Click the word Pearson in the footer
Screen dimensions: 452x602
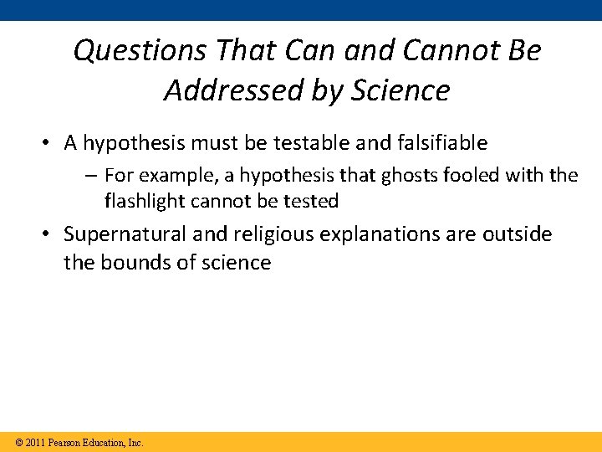pos(64,442)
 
